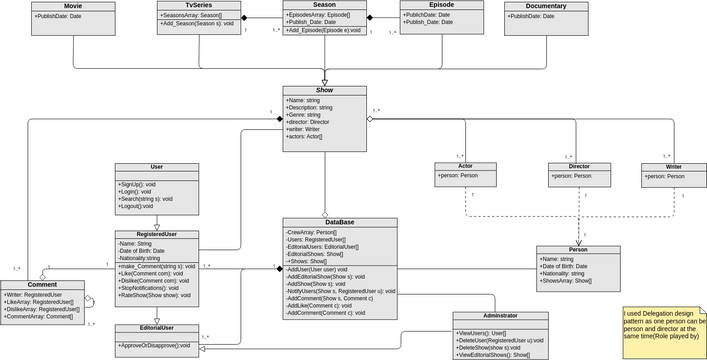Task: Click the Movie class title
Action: point(73,6)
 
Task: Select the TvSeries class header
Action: point(198,6)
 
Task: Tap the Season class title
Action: point(323,5)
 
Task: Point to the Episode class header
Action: point(441,5)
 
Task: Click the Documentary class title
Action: point(545,6)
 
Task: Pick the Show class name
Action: point(324,90)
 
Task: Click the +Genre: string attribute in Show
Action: point(304,115)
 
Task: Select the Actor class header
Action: point(465,166)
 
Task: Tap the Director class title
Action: point(579,166)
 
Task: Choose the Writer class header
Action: point(673,166)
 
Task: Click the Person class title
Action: point(577,250)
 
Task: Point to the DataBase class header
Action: point(325,222)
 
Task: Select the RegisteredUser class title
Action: point(157,234)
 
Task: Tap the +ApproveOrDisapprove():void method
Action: point(156,345)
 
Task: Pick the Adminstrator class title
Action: point(500,316)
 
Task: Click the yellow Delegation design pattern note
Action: point(664,329)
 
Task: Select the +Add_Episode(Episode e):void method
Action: point(323,30)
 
